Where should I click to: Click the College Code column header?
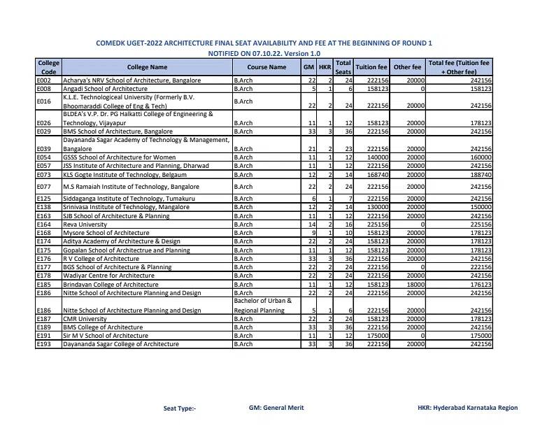tap(49, 67)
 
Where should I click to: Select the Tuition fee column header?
tap(371, 67)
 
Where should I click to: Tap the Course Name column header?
tap(267, 67)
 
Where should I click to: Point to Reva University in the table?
tap(85, 224)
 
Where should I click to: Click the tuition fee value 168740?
tap(378, 174)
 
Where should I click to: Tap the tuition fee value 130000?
tap(378, 208)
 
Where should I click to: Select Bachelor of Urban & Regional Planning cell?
tap(262, 306)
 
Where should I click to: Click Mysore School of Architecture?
tap(106, 233)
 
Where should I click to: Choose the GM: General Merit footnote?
tap(276, 408)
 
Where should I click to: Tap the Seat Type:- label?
tap(180, 408)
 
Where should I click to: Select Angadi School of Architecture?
tap(105, 89)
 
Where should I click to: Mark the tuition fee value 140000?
tap(378, 157)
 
